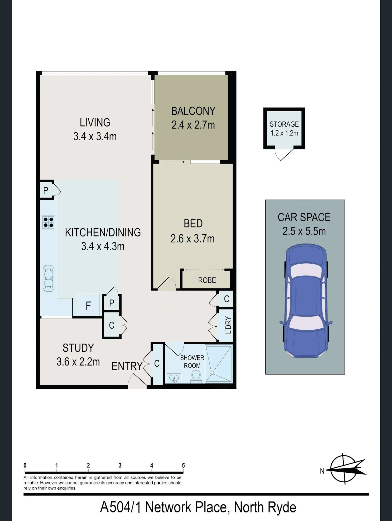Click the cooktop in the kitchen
(49, 222)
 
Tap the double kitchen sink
(49, 278)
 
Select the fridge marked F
(88, 305)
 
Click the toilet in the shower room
(196, 377)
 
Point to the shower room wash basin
(174, 378)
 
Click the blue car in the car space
(306, 300)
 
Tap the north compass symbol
(344, 469)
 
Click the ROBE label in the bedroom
(207, 280)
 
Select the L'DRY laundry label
(228, 325)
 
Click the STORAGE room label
(284, 124)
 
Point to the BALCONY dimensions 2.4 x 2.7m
(193, 125)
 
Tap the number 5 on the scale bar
(183, 465)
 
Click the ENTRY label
(127, 366)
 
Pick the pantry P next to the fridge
(112, 303)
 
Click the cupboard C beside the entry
(157, 363)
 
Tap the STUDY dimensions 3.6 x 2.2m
(78, 362)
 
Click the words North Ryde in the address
(265, 507)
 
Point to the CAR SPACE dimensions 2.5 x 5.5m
(304, 231)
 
